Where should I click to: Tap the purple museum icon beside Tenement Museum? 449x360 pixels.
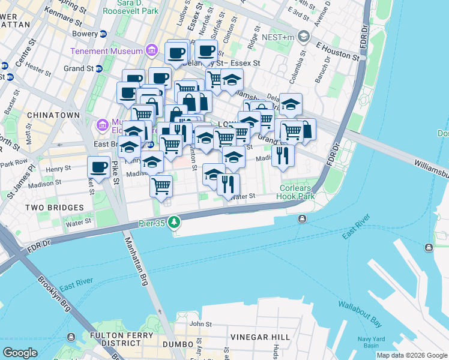152,50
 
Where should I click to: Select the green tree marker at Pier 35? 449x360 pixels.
174,223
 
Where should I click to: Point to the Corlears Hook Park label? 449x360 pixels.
297,191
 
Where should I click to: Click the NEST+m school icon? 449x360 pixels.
304,37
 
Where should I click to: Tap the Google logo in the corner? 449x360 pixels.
20,352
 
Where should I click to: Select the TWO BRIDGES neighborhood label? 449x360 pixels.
55,207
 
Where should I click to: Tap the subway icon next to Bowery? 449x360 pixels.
103,34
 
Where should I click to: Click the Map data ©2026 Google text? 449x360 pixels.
412,355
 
